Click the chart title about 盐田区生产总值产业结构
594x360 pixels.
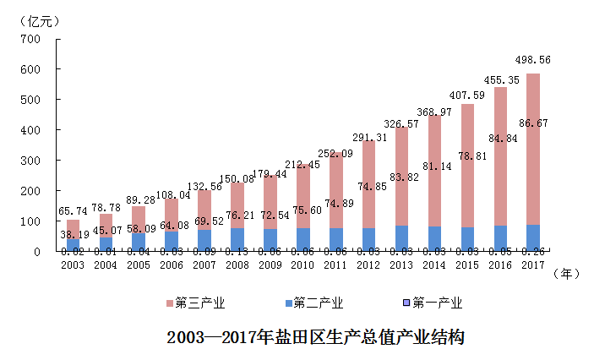[x=316, y=337]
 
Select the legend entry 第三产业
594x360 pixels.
[x=199, y=303]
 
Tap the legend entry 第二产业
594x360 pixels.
[x=318, y=303]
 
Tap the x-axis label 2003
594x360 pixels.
[x=74, y=266]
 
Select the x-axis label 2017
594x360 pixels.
[x=531, y=266]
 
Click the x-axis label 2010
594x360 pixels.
[x=302, y=266]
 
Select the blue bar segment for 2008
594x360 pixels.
[x=237, y=240]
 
